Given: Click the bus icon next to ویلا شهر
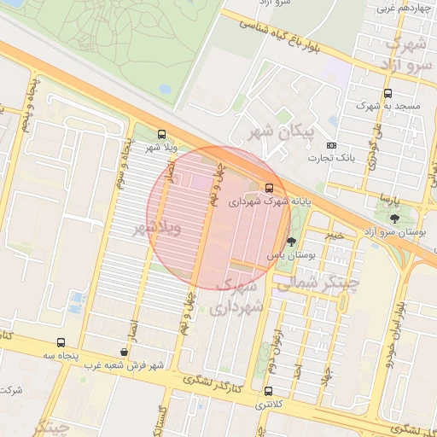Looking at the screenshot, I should pyautogui.click(x=162, y=134).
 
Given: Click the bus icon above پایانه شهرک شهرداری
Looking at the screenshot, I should pyautogui.click(x=270, y=187).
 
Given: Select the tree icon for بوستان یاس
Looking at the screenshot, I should pyautogui.click(x=292, y=242).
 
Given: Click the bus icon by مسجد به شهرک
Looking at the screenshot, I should pyautogui.click(x=388, y=93).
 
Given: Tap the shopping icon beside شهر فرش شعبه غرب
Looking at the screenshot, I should pyautogui.click(x=125, y=352).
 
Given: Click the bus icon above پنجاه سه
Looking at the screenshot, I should pyautogui.click(x=61, y=341).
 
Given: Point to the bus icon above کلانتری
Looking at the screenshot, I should pyautogui.click(x=269, y=391).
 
